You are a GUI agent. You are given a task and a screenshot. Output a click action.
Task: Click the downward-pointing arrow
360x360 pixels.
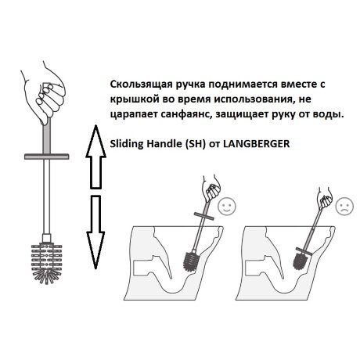[x=97, y=230]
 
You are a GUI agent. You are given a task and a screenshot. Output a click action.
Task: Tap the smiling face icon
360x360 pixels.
[x=227, y=207]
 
